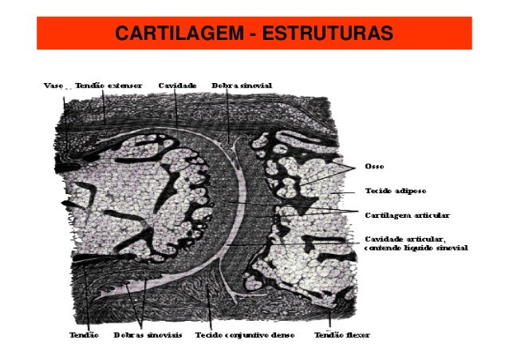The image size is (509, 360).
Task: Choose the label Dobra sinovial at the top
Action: (x=243, y=84)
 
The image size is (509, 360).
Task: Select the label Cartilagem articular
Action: (x=407, y=216)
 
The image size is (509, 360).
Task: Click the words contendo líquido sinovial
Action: (x=415, y=247)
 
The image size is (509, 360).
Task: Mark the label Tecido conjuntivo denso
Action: (x=245, y=335)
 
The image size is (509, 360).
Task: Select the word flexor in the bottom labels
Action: (x=356, y=335)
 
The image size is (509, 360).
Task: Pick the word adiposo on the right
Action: (x=413, y=192)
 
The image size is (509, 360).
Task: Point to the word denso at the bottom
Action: (x=282, y=335)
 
